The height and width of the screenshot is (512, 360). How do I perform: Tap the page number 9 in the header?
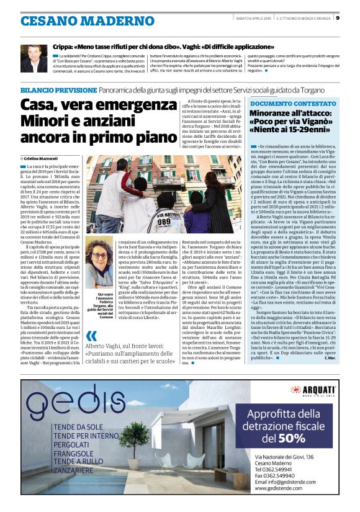(337, 18)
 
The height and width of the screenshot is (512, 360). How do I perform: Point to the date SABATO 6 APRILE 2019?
(251, 18)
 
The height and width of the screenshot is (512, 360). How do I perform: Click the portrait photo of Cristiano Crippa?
(34, 58)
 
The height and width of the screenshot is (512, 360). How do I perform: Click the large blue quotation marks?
(91, 338)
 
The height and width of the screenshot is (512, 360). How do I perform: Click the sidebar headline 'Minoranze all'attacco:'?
(289, 114)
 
